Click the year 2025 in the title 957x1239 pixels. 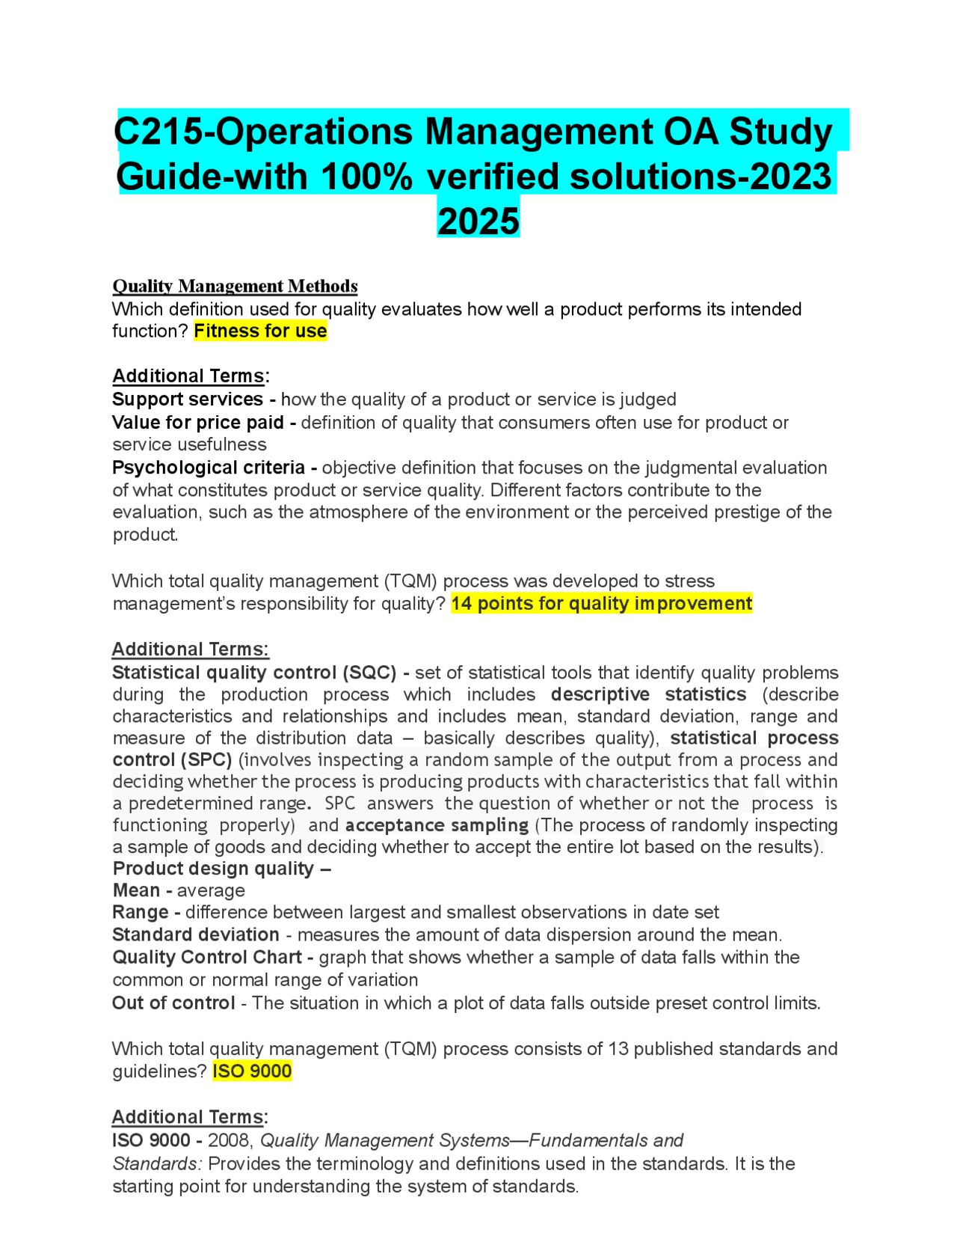tap(478, 221)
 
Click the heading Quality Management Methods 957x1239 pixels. tap(235, 286)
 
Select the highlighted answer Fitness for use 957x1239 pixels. tap(260, 331)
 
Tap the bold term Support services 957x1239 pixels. tap(188, 399)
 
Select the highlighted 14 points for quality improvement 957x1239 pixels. tap(602, 603)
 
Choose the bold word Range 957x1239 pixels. tap(141, 912)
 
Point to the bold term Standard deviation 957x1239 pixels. tap(196, 934)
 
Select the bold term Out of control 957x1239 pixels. tap(173, 1003)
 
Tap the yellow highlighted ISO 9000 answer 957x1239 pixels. tap(252, 1071)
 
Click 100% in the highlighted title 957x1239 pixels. tap(366, 177)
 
